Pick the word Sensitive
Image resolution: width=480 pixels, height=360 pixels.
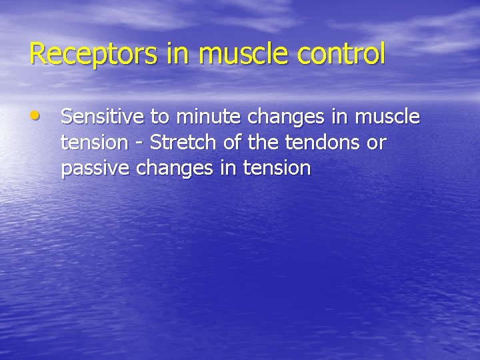[103, 117]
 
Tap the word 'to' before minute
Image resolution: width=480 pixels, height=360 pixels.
[159, 117]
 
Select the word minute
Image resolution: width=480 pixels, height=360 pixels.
[207, 117]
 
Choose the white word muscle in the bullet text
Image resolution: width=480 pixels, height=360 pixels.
[388, 117]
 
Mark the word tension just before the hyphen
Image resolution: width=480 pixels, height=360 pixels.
[94, 143]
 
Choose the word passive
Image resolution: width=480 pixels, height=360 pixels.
[95, 168]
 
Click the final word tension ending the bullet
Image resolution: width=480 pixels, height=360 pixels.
[277, 168]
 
